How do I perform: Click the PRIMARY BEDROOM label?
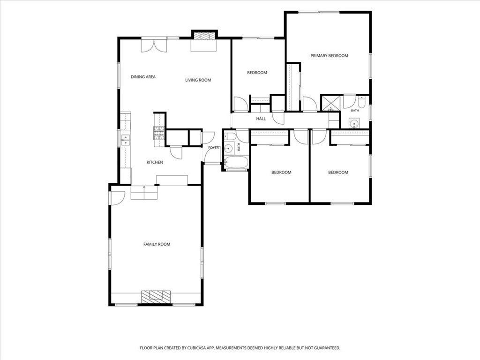click(329, 56)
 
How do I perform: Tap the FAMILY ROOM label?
click(157, 244)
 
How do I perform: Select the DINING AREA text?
click(143, 77)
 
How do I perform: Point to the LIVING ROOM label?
click(198, 80)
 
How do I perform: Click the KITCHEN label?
click(155, 162)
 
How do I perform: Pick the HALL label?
click(261, 119)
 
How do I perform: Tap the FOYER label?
click(214, 148)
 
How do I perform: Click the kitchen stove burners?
click(158, 133)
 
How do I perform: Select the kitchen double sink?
click(125, 140)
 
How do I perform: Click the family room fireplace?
click(156, 297)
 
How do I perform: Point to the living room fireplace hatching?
click(204, 37)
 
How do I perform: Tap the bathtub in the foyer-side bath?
click(236, 163)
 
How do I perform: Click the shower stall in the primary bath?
click(330, 103)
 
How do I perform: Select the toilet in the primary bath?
click(361, 102)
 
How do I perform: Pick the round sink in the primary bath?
click(354, 124)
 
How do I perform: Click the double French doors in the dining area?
click(154, 45)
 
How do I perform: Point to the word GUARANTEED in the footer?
click(328, 348)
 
